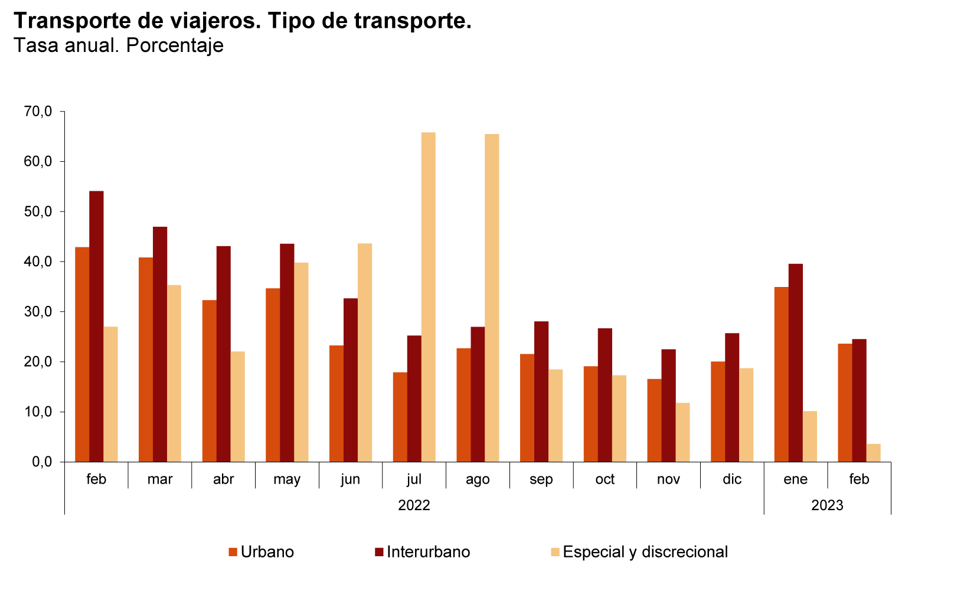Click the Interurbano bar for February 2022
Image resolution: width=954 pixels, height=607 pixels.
point(96,326)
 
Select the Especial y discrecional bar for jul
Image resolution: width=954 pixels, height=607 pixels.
point(429,297)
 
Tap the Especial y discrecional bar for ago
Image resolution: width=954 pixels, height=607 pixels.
point(492,298)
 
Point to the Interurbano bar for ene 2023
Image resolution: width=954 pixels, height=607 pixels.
point(795,363)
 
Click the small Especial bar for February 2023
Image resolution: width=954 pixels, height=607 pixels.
point(873,453)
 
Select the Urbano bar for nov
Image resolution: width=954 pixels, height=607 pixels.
point(654,420)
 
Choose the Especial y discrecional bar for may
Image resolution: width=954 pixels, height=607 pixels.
point(301,362)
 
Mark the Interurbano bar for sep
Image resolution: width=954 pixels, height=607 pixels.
point(541,391)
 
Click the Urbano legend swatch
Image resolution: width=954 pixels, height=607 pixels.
point(233,552)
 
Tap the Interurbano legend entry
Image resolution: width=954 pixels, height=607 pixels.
point(428,552)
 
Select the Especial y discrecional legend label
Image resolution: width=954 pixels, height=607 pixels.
point(645,552)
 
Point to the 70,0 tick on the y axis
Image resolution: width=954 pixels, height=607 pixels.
point(38,111)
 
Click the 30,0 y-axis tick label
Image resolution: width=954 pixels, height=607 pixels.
point(38,311)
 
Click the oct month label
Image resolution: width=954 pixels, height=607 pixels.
point(605,479)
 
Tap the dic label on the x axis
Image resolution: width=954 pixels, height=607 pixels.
point(731,479)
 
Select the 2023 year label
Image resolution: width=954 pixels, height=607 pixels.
point(827,505)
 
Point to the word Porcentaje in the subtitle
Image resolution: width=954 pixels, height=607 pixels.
point(175,45)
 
